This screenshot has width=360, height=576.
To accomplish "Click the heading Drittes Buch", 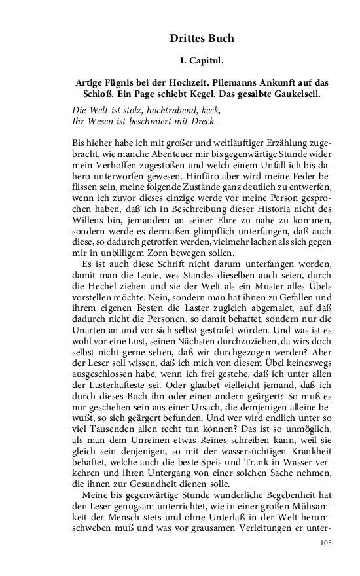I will click(202, 39).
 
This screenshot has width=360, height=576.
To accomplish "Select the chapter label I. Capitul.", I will click(202, 62).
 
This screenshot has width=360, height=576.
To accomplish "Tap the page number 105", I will click(327, 543).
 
